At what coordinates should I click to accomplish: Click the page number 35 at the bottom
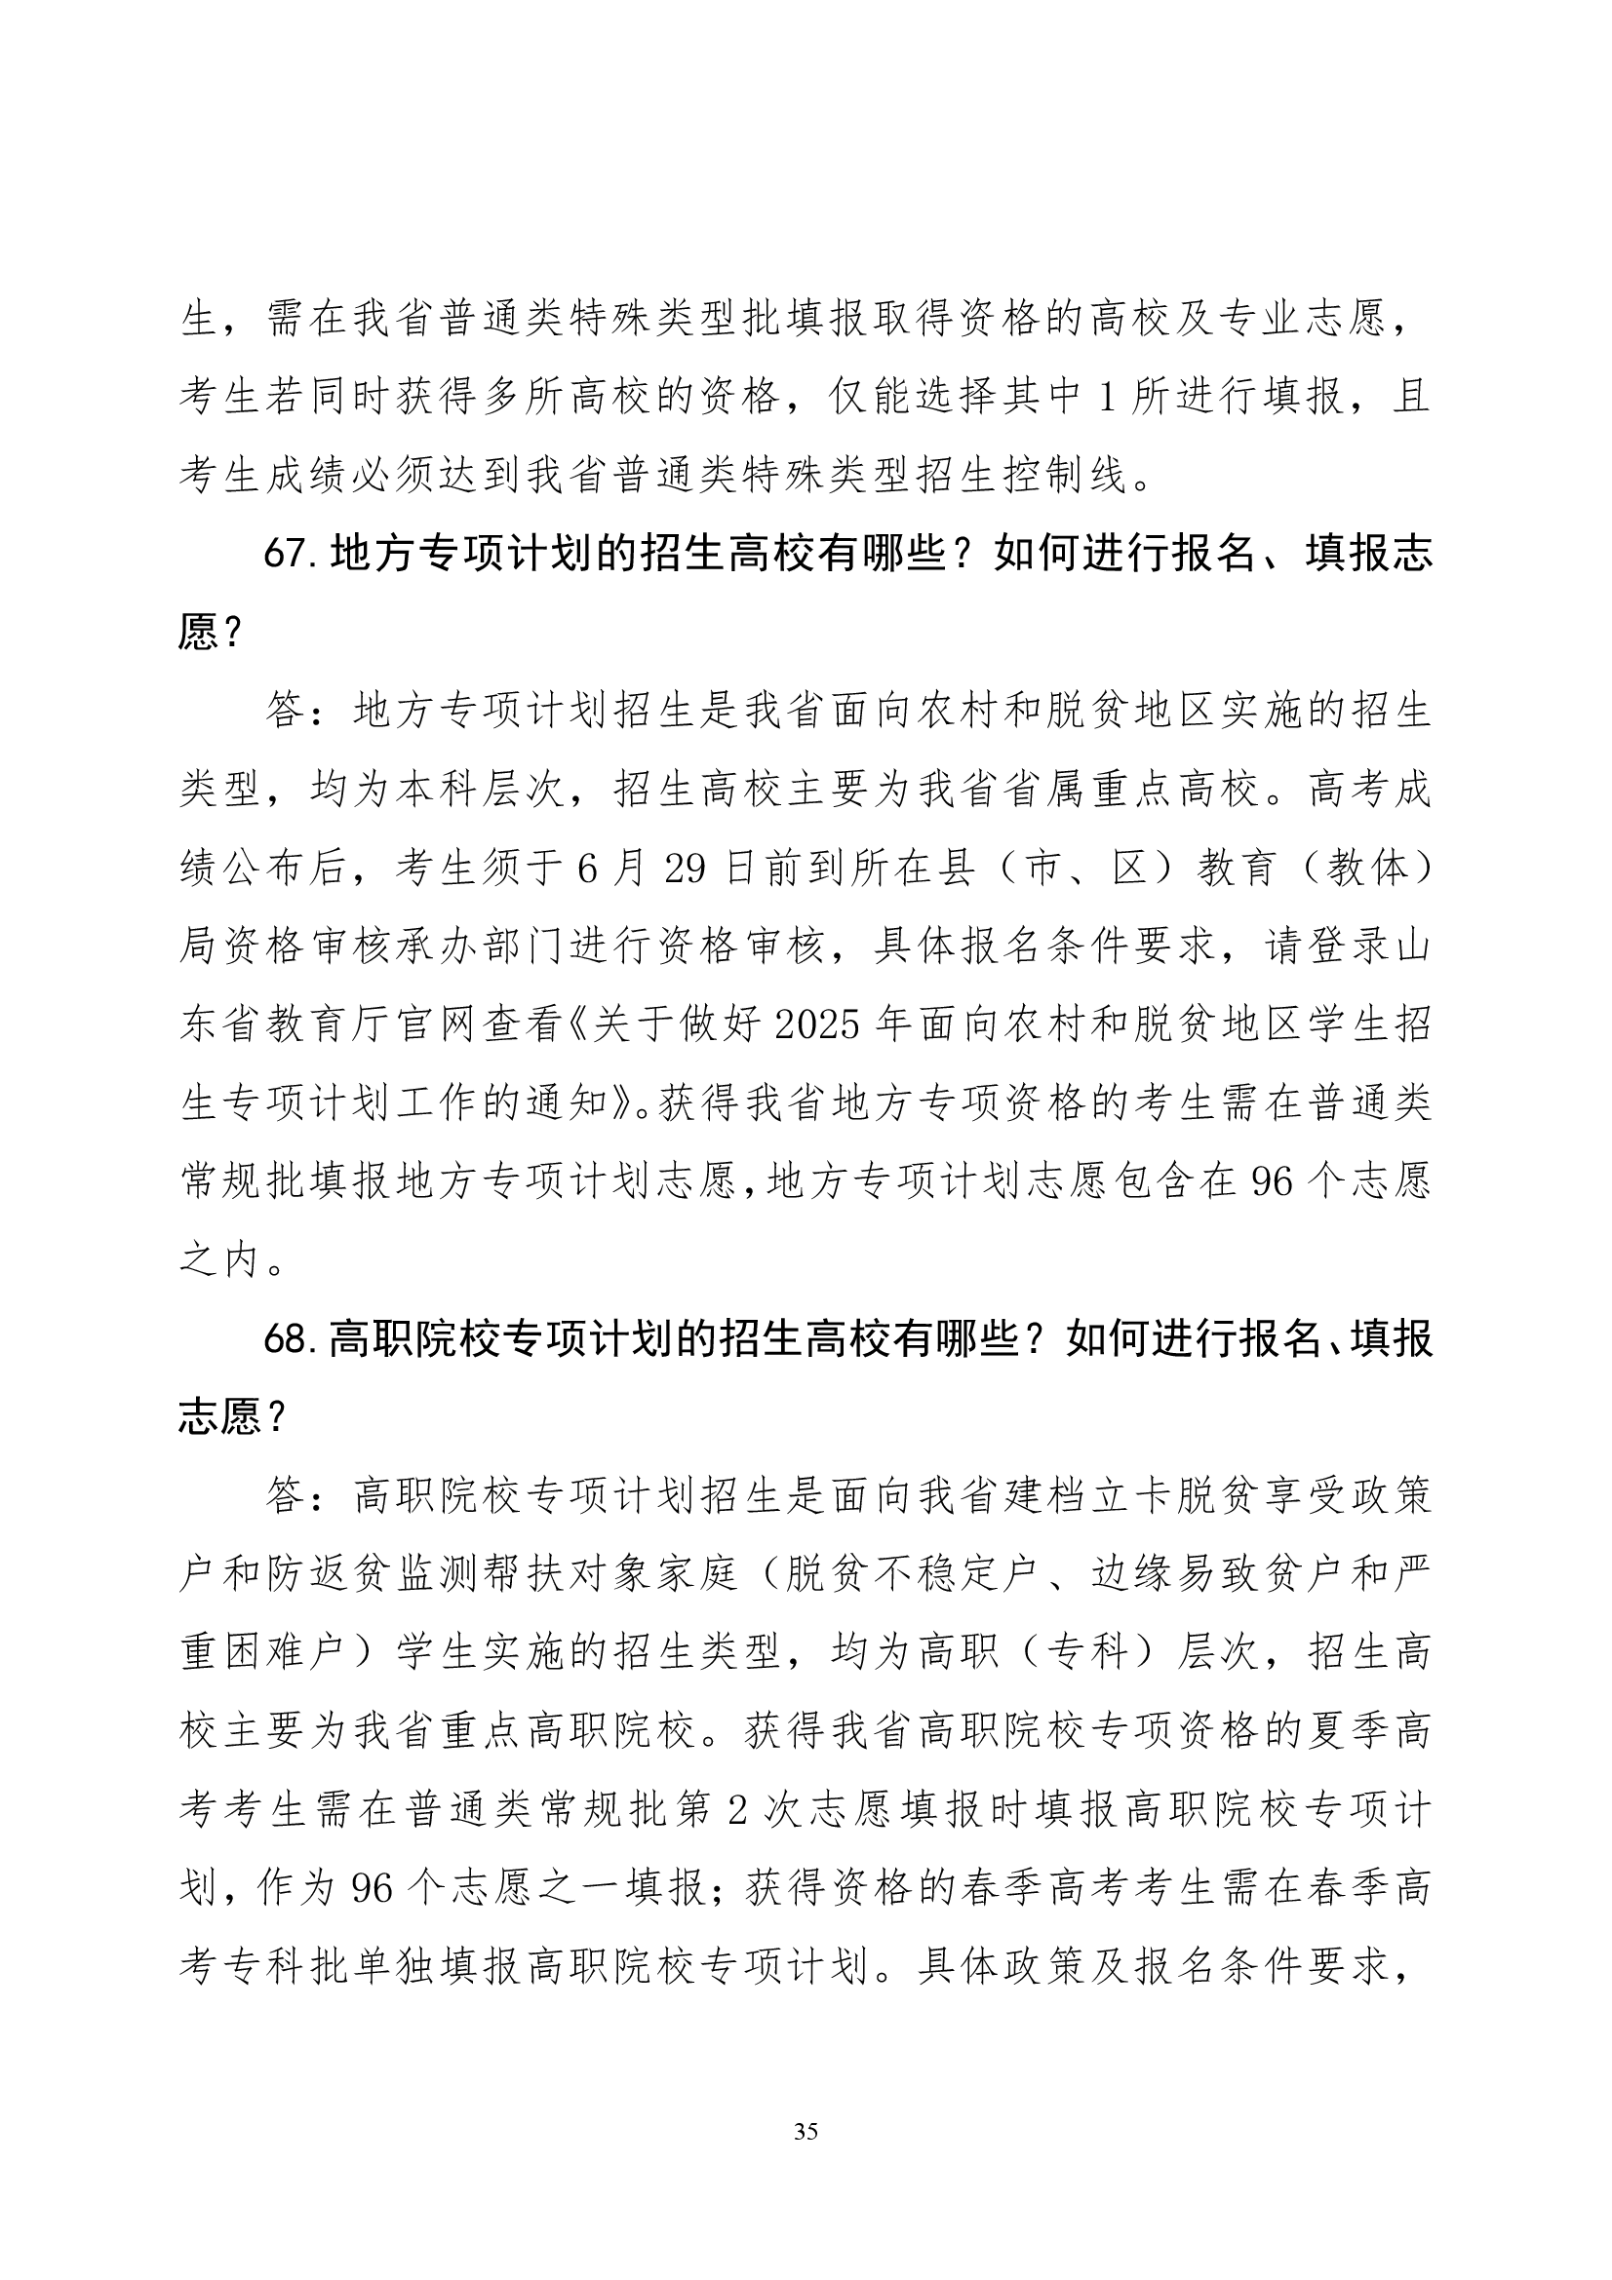point(806,2131)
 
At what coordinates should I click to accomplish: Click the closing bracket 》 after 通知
point(631,1103)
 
